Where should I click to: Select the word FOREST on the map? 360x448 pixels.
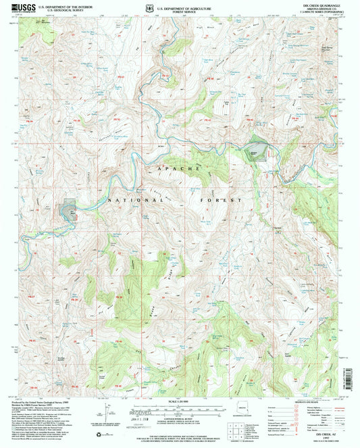point(220,201)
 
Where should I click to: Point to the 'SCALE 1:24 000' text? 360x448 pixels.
point(180,405)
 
